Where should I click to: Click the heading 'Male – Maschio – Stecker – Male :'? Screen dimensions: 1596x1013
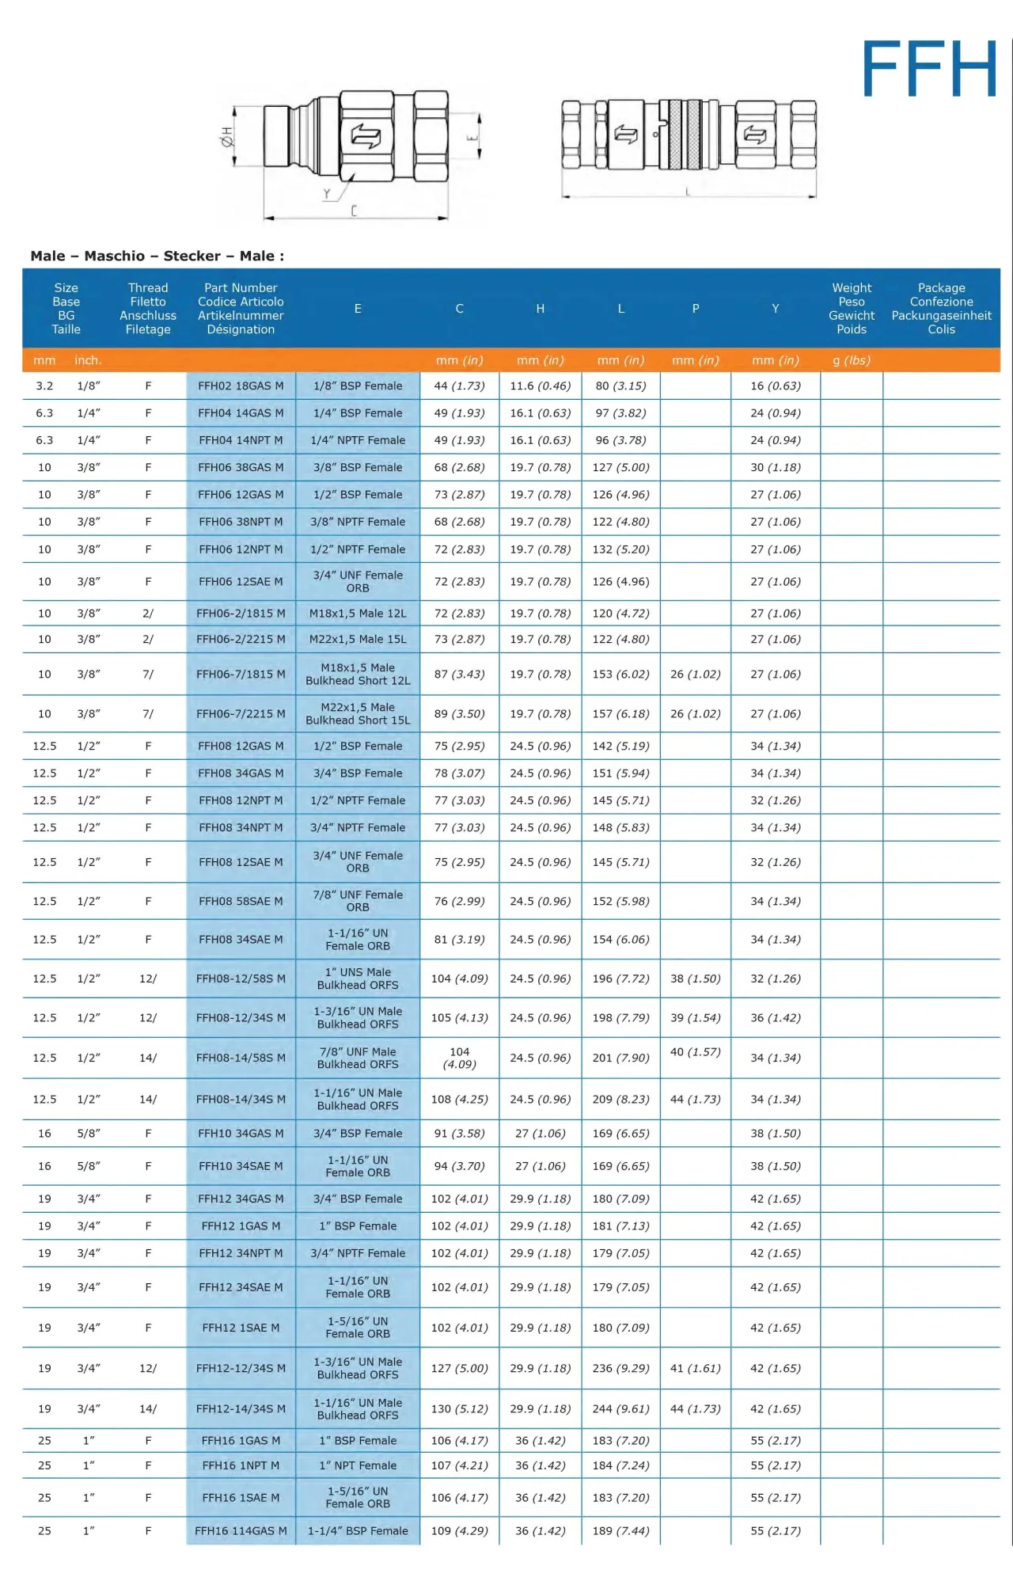point(157,256)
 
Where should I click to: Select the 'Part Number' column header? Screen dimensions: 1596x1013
point(241,308)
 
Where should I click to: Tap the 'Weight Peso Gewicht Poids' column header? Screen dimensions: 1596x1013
point(852,308)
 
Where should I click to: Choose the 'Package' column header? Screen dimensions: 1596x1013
point(941,308)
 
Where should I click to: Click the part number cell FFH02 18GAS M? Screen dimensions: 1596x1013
point(241,386)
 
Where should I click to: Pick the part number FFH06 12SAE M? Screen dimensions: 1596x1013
point(241,581)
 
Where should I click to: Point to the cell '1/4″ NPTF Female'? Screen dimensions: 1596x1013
point(358,440)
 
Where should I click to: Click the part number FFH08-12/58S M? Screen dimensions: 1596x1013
point(241,978)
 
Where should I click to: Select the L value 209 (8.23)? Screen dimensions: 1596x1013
point(620,1099)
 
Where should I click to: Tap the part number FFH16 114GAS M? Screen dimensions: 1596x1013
point(241,1531)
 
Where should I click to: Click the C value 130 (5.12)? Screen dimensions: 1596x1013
point(459,1408)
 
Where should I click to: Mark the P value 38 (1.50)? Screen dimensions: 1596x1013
point(695,978)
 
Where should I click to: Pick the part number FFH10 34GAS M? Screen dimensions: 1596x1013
point(241,1134)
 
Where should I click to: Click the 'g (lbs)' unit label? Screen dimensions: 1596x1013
point(852,360)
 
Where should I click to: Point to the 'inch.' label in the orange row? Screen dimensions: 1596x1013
point(88,360)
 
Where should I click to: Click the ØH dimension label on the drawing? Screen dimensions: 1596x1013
point(226,136)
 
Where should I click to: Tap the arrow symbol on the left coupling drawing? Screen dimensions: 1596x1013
point(366,136)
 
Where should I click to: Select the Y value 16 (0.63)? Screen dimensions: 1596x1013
point(776,386)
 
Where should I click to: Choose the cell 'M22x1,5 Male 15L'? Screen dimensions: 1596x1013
point(358,639)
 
